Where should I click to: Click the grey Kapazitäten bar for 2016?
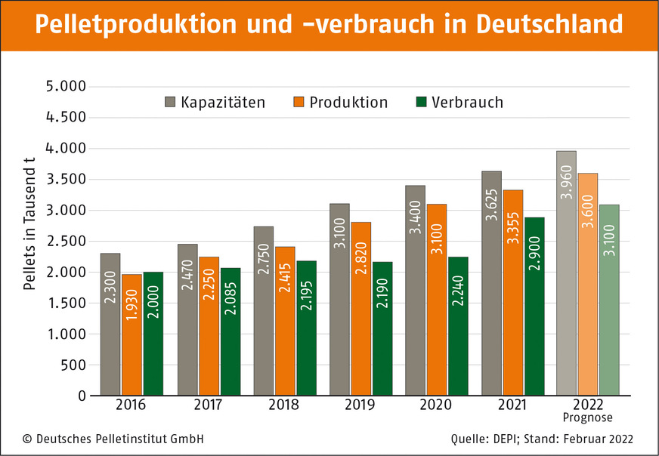click(110, 325)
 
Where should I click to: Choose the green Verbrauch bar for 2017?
click(230, 331)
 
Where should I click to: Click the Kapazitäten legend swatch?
click(170, 102)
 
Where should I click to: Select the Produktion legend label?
click(348, 102)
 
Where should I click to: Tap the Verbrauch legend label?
click(467, 102)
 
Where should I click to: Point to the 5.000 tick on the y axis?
click(67, 87)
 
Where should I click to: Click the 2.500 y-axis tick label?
click(67, 242)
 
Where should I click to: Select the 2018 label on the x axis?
click(283, 405)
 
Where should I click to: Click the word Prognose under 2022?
click(588, 417)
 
